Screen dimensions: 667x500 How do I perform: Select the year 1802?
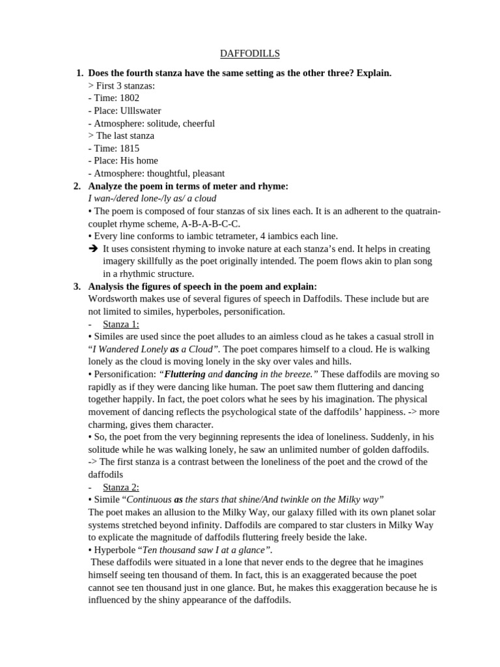[x=130, y=98]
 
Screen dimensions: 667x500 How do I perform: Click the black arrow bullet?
[x=92, y=249]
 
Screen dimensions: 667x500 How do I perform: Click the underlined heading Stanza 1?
[x=121, y=324]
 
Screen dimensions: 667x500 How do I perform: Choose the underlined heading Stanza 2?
[x=121, y=487]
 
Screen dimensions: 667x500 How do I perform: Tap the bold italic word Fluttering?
[x=185, y=375]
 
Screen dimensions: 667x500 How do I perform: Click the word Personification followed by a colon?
[x=124, y=375]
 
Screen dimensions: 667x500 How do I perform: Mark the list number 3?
[x=77, y=287]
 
